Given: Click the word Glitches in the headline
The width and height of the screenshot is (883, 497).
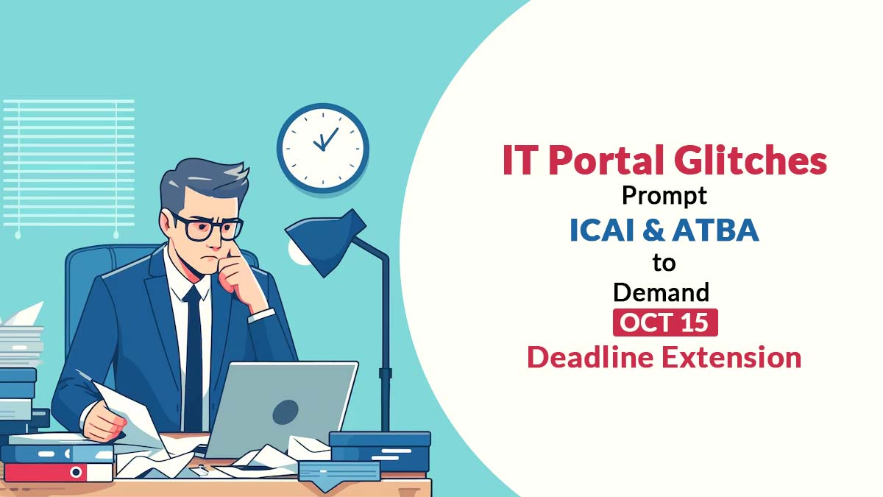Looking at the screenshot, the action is click(750, 160).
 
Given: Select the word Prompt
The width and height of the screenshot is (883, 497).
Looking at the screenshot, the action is click(664, 196).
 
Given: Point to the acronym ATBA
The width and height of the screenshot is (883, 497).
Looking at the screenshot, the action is click(715, 230).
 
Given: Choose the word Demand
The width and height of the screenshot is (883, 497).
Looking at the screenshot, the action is click(662, 292).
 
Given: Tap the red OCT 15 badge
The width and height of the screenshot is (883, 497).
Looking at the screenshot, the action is click(665, 322).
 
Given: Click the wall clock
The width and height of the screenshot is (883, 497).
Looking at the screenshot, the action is click(323, 148).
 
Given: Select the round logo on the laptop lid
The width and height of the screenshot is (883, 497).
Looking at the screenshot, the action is click(286, 412).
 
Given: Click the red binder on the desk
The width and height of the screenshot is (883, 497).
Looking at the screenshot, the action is click(58, 472).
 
